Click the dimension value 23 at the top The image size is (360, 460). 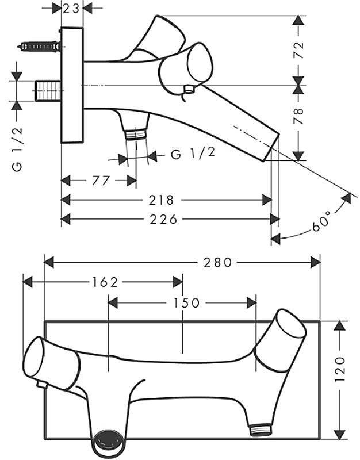coord(71,8)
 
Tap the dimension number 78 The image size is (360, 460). coord(298,119)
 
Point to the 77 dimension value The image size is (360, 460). coord(100,181)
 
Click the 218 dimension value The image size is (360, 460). coord(162,200)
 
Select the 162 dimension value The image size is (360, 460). coord(105,282)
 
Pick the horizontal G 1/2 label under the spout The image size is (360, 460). coord(193,154)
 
